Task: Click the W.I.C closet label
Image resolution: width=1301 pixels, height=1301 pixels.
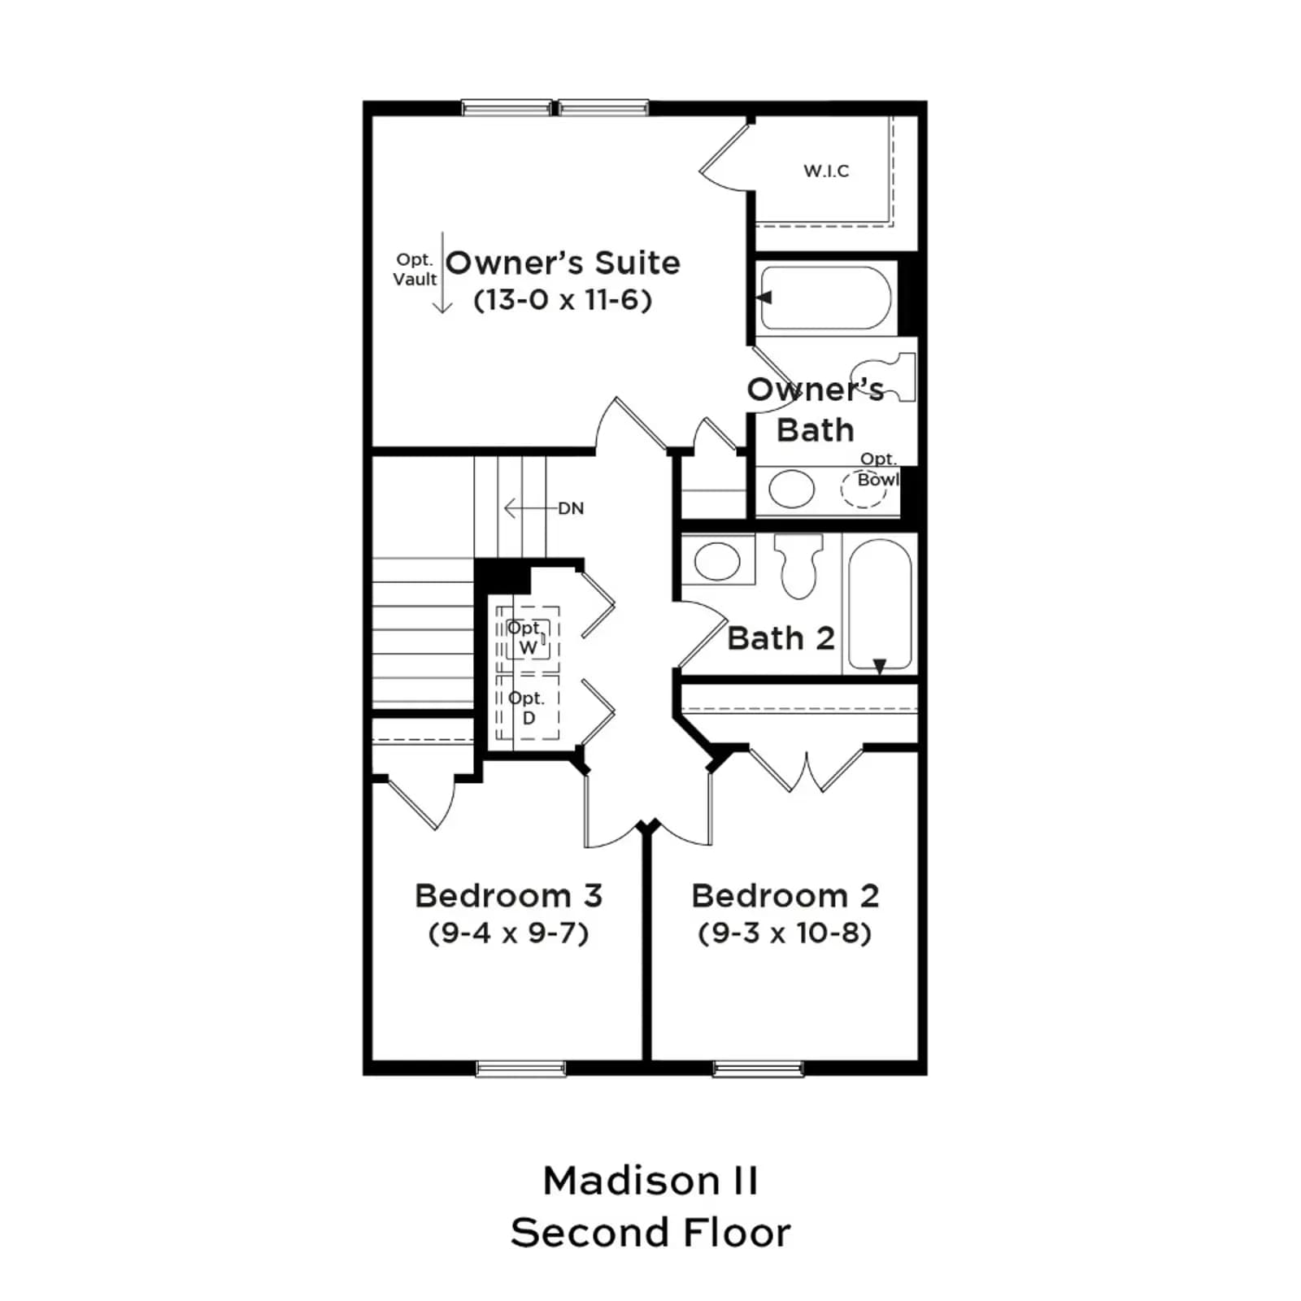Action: [826, 171]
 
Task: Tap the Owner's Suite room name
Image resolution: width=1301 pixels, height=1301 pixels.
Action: [563, 263]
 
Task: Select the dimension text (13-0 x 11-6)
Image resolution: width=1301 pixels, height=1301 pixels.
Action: [563, 300]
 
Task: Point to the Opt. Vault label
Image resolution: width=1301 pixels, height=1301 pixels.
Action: [415, 269]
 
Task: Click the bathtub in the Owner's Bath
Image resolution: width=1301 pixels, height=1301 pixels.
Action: [825, 298]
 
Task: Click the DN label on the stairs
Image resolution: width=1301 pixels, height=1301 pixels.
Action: [571, 508]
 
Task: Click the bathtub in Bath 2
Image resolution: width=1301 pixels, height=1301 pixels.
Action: [879, 604]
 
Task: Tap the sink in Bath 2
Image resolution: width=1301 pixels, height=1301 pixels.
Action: [717, 560]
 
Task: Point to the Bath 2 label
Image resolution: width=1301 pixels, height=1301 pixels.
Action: [781, 638]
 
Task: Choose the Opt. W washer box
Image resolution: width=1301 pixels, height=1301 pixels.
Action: [528, 640]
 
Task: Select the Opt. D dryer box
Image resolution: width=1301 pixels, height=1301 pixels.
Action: [528, 707]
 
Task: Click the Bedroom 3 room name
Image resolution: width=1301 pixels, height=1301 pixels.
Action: [508, 895]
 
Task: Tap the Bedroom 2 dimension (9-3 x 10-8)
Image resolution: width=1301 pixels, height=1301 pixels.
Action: [785, 933]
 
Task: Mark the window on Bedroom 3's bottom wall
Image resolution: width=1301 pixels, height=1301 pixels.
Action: [520, 1068]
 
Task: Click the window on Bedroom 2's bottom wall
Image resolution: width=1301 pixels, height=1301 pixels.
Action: [758, 1068]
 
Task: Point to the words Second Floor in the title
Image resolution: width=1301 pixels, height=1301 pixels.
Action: [650, 1233]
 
